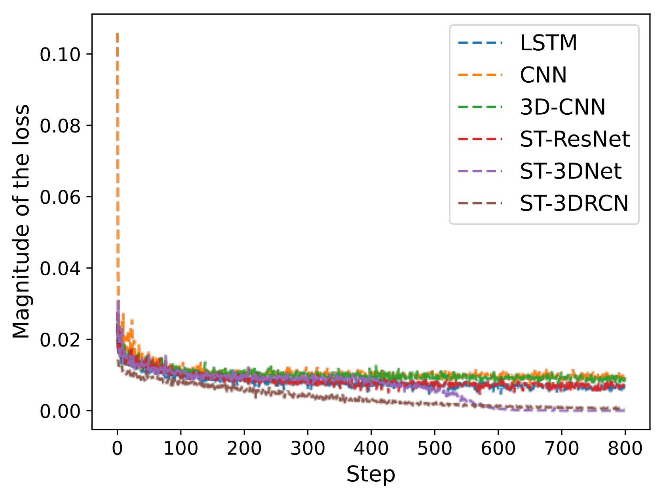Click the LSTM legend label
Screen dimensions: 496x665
tap(549, 43)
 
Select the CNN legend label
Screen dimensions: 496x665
tap(543, 75)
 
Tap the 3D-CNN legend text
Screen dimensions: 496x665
tap(562, 107)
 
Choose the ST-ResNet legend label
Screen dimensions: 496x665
tap(575, 139)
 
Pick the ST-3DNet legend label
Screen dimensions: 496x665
tap(570, 171)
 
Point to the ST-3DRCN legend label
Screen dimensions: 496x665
tap(574, 203)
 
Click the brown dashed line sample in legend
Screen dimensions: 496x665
tap(480, 203)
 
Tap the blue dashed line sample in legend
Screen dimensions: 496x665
tap(480, 43)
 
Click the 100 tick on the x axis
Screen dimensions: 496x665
tap(180, 449)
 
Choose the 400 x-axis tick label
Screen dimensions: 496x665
tap(371, 449)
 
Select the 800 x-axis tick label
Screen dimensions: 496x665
tap(625, 449)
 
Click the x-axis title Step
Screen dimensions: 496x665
tap(370, 474)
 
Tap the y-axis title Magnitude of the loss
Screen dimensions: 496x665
tap(21, 221)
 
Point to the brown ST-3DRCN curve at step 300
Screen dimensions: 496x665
tap(308, 396)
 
